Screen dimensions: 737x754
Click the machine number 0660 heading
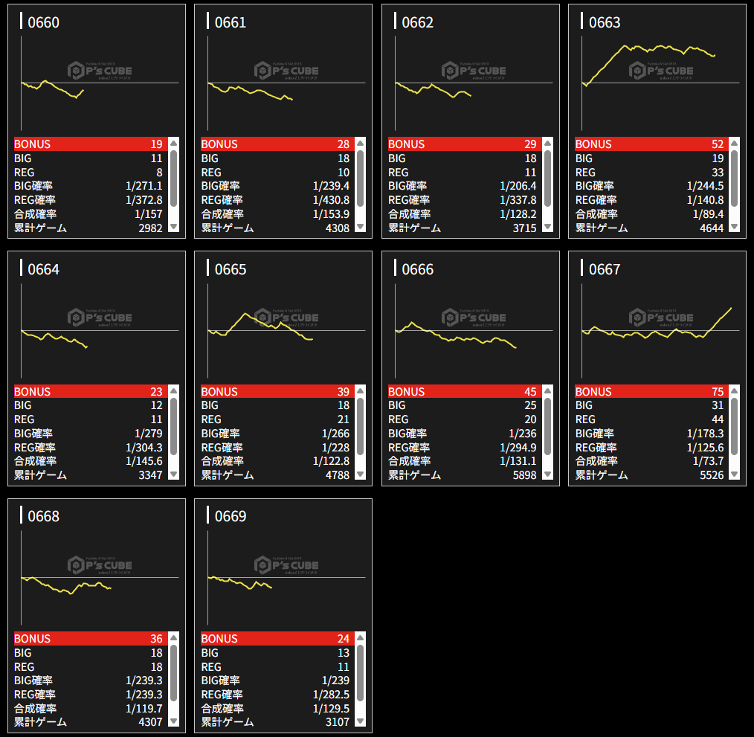(x=43, y=22)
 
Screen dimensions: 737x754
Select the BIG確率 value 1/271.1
(x=144, y=186)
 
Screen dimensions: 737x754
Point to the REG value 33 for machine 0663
(x=716, y=173)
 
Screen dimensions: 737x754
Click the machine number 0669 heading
(x=231, y=516)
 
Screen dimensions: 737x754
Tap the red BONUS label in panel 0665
(x=219, y=392)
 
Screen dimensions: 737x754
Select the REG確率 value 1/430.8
(x=331, y=200)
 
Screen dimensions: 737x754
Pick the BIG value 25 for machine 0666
(x=529, y=405)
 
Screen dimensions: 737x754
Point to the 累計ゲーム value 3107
(x=337, y=722)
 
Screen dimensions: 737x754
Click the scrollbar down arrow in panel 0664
(x=173, y=474)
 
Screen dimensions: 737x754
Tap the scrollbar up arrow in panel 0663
(x=734, y=143)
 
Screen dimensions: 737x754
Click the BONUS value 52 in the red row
(x=716, y=144)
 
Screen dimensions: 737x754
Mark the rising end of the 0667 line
(x=731, y=308)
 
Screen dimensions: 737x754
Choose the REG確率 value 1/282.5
(x=331, y=694)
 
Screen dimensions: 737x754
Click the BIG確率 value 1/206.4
(x=518, y=186)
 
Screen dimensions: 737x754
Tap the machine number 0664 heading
(x=43, y=269)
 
